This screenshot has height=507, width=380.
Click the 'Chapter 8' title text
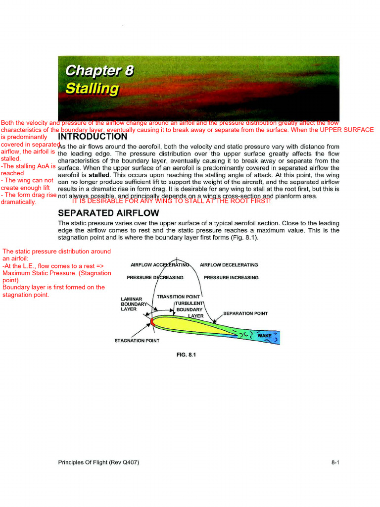point(99,71)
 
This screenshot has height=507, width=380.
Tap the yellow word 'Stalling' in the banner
point(93,89)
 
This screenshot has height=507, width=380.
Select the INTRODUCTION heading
point(93,137)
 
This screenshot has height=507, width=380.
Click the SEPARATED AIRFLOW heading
point(108,213)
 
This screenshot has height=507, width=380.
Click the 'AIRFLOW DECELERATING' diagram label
point(229,265)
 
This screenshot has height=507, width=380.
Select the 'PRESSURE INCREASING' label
point(231,278)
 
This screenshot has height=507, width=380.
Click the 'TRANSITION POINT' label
point(178,297)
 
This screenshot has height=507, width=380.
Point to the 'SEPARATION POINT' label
point(245,313)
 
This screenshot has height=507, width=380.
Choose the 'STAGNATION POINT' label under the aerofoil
point(137,341)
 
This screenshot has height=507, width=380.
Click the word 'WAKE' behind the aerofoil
point(264,336)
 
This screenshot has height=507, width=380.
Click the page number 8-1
point(335,462)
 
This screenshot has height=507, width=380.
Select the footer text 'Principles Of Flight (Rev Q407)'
point(98,462)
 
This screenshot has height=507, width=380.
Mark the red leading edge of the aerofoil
point(153,322)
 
